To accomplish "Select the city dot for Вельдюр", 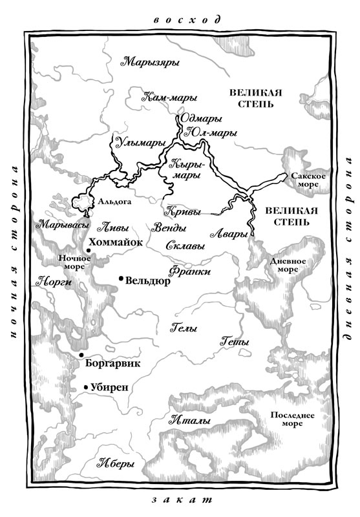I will pyautogui.click(x=121, y=279).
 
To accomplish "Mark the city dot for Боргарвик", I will pyautogui.click(x=81, y=355).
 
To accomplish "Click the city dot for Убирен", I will pyautogui.click(x=85, y=388).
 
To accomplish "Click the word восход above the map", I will pyautogui.click(x=179, y=18).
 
